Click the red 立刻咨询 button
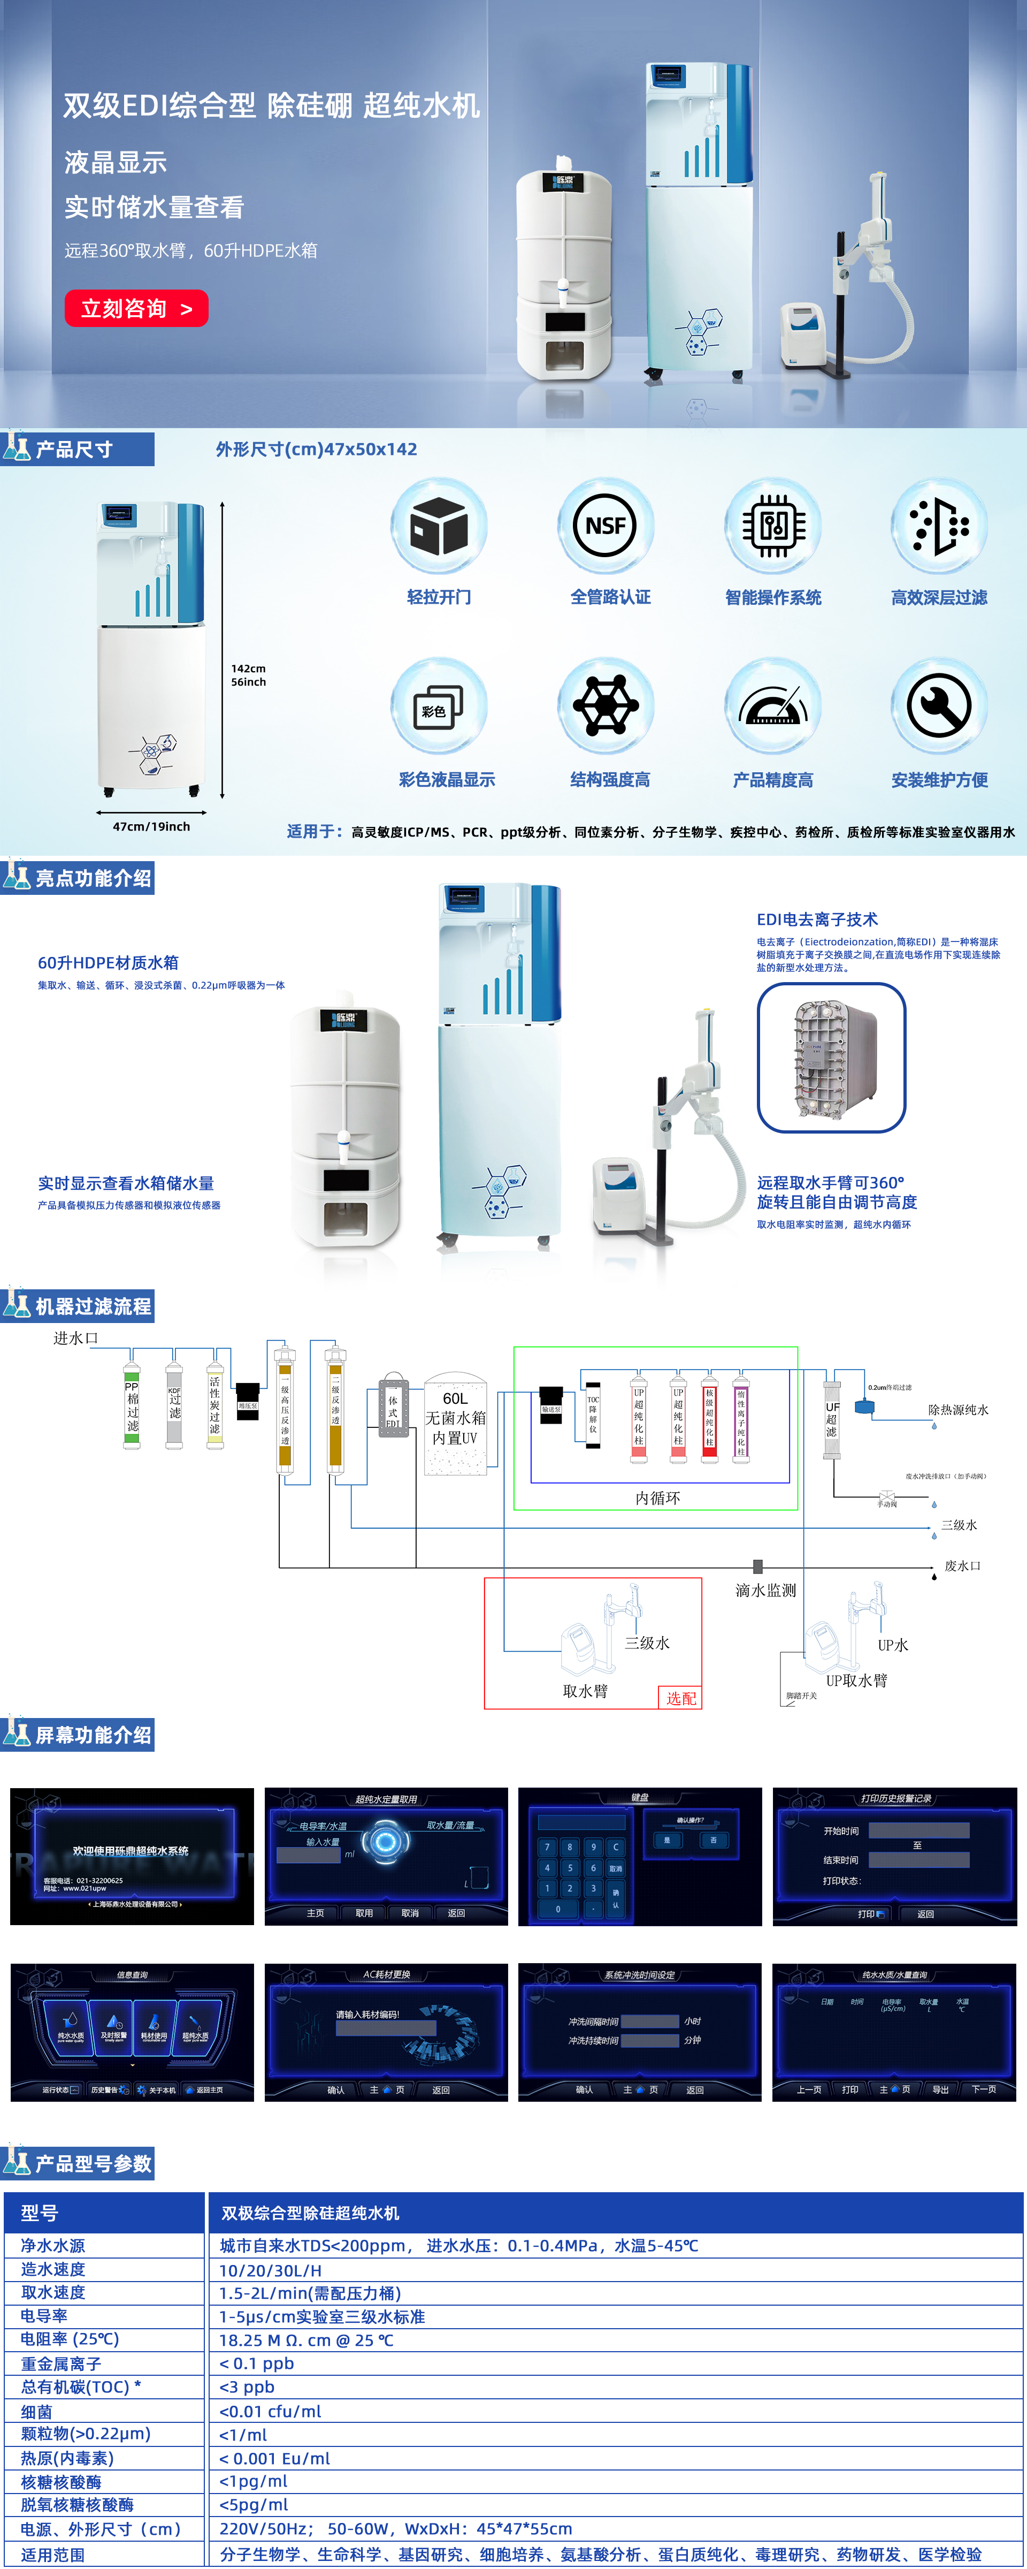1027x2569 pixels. pos(136,308)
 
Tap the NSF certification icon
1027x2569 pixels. pos(605,526)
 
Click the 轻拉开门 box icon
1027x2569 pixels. pos(439,526)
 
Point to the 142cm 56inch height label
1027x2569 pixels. pos(248,675)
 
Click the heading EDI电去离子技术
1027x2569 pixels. pos(817,919)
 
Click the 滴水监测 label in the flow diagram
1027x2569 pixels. pos(766,1590)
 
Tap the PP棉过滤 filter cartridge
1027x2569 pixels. pos(132,1406)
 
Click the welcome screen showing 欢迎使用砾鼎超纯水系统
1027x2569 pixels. pos(132,1856)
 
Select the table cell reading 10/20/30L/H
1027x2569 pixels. pos(270,2269)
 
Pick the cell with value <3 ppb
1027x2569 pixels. pos(247,2386)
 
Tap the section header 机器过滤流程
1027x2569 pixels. pos(93,1305)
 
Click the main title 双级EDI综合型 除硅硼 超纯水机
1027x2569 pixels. pos(271,106)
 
